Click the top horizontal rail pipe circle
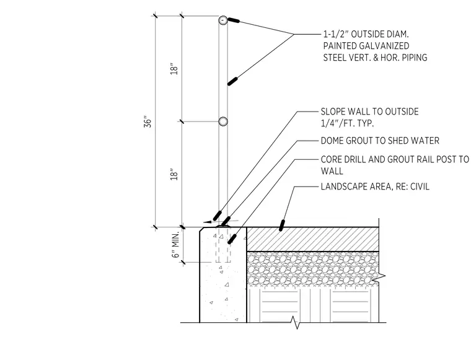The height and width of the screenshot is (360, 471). tap(223, 20)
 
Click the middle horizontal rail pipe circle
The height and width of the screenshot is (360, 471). tap(223, 121)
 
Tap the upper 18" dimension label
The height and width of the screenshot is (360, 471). tap(174, 69)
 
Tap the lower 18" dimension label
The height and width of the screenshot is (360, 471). tap(174, 175)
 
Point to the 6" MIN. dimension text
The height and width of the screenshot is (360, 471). tap(175, 245)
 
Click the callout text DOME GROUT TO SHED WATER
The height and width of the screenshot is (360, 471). tap(380, 141)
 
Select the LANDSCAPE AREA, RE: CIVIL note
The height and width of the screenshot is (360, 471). tap(375, 187)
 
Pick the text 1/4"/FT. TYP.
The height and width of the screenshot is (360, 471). tap(347, 123)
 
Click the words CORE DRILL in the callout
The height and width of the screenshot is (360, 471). tap(343, 159)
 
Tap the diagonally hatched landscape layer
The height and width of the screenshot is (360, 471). tap(312, 239)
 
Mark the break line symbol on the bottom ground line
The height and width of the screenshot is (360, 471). tap(295, 323)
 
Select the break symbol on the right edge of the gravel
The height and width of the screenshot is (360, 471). tap(379, 278)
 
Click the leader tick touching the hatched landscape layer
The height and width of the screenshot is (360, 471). tap(281, 226)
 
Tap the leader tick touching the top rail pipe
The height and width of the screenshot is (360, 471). tap(234, 20)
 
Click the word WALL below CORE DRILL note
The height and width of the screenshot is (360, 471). tap(332, 171)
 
